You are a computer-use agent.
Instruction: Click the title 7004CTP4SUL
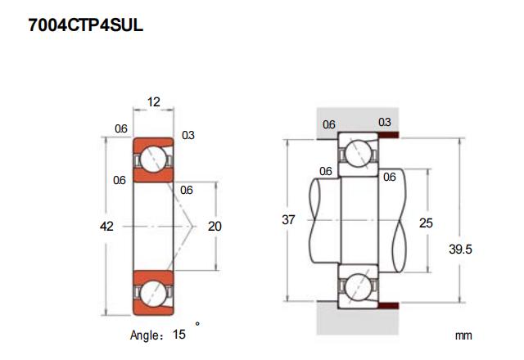click(86, 25)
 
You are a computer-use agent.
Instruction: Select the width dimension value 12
click(153, 101)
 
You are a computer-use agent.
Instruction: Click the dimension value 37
click(287, 220)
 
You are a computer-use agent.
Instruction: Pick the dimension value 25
click(426, 222)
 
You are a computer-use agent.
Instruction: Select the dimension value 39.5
click(462, 250)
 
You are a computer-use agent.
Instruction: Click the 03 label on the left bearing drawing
click(188, 135)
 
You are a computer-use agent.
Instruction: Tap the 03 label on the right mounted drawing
click(384, 124)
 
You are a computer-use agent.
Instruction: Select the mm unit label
click(464, 335)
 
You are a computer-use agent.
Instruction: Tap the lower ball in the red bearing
click(153, 293)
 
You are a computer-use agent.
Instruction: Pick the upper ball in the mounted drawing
click(358, 152)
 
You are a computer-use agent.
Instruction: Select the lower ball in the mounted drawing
click(358, 288)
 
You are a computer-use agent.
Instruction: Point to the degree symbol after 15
click(197, 325)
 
